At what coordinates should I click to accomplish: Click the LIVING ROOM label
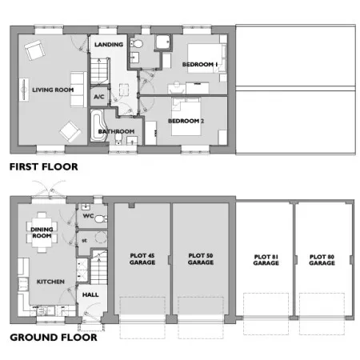(53, 90)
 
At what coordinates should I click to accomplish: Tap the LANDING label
(109, 45)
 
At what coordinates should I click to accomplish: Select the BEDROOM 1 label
(200, 64)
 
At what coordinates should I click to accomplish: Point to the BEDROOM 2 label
(186, 121)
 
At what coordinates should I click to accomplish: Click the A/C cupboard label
(99, 97)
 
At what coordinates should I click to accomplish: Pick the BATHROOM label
(116, 131)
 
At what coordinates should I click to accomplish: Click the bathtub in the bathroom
(98, 126)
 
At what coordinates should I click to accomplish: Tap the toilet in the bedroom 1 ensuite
(137, 44)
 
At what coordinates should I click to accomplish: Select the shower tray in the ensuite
(163, 42)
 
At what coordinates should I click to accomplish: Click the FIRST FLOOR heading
(44, 167)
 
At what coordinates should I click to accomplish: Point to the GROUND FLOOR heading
(54, 338)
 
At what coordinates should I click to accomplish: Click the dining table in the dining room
(42, 232)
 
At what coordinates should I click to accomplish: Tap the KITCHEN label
(50, 282)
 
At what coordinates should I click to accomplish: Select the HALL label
(90, 294)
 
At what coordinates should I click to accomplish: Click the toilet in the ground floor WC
(101, 218)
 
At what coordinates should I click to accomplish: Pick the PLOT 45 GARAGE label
(142, 259)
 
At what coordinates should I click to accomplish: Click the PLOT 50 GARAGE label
(201, 259)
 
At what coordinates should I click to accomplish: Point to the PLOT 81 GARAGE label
(266, 260)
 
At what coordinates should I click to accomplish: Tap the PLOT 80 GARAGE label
(322, 260)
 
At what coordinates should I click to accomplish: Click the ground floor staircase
(99, 267)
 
